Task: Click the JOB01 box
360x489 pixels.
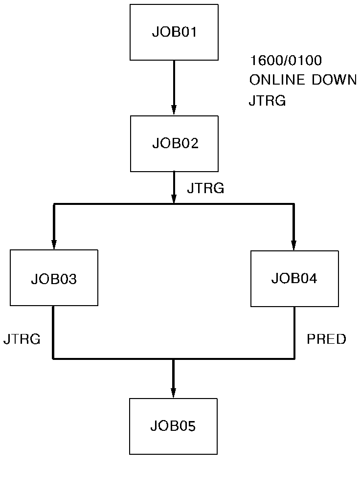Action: pos(174,32)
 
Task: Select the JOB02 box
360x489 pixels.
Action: pos(174,144)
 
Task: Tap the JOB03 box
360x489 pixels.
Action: pos(54,278)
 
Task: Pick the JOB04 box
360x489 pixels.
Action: pos(294,279)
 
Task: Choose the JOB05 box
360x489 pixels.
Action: pos(173,426)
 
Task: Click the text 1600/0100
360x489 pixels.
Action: pos(286,61)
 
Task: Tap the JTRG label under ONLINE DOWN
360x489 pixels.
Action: pos(267,101)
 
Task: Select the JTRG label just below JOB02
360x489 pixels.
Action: pos(205,188)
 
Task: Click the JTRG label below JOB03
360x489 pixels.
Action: pos(22,339)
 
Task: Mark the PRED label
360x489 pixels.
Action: pos(326,339)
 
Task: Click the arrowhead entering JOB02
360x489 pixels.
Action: pos(174,111)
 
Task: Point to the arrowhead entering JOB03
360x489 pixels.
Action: pos(54,244)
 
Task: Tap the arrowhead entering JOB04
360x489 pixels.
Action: pos(294,245)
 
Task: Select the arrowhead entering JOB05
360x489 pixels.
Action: pos(173,393)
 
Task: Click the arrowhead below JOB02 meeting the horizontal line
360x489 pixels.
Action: pos(174,199)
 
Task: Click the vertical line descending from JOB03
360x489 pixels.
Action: pos(53,333)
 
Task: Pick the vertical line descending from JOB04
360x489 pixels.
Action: pos(294,333)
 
